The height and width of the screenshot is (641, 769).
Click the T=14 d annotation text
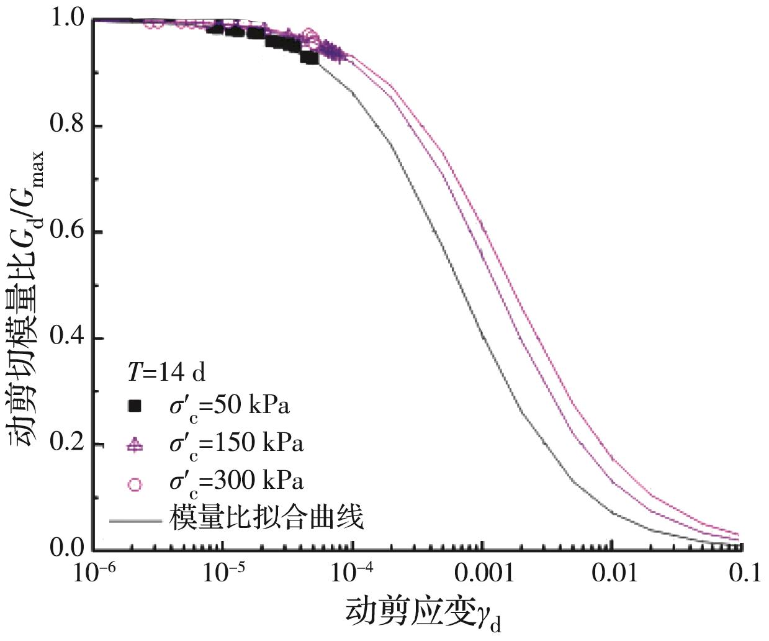[x=166, y=372]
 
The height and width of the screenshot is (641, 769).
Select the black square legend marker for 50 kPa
[x=134, y=407]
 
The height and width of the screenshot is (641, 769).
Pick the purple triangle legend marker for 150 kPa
[x=134, y=445]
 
